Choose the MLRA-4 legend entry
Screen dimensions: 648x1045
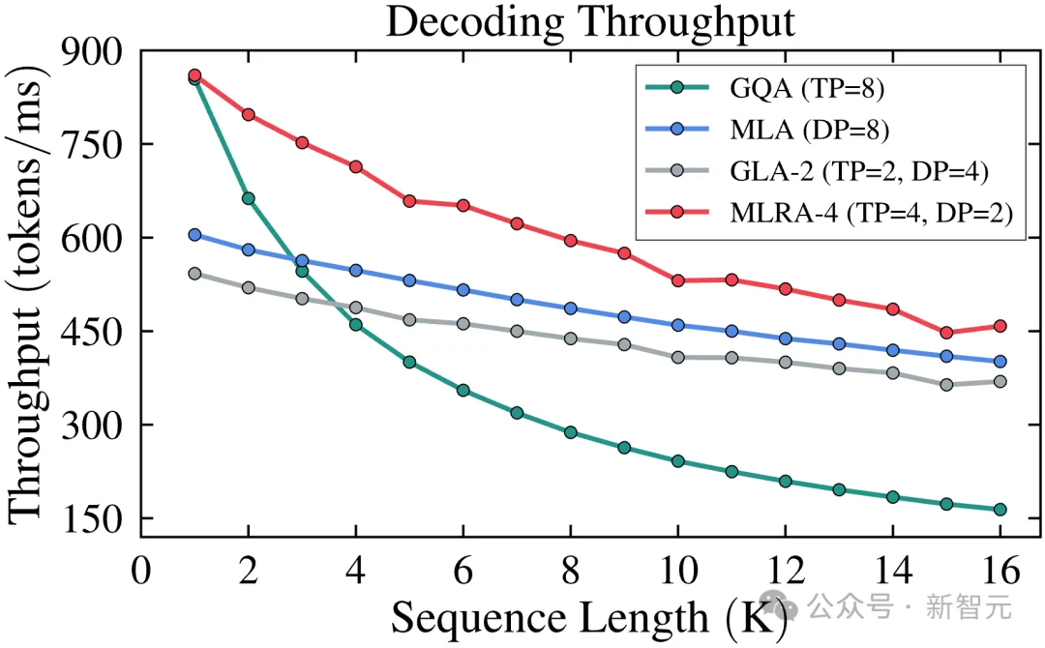click(871, 213)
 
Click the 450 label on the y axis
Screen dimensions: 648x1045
click(94, 332)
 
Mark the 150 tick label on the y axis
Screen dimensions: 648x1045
click(94, 519)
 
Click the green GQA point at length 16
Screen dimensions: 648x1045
click(1000, 510)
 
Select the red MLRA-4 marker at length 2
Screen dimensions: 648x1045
click(249, 114)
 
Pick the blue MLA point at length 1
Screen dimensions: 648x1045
click(194, 235)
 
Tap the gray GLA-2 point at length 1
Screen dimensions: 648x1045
click(194, 274)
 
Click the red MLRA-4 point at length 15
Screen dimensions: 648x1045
click(946, 333)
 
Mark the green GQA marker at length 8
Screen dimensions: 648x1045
click(571, 432)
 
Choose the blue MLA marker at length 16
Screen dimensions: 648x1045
click(1000, 362)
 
